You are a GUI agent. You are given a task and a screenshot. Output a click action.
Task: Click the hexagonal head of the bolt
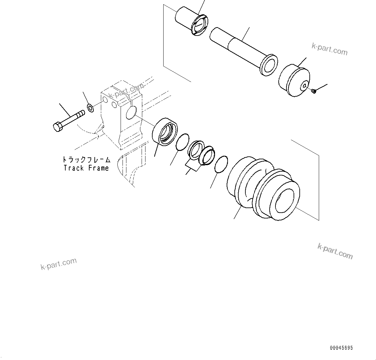point(57,126)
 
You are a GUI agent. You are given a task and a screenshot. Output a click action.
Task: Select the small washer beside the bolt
point(91,108)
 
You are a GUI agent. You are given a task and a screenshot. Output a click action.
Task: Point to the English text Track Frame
point(86,168)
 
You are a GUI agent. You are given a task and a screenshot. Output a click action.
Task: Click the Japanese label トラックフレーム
point(86,160)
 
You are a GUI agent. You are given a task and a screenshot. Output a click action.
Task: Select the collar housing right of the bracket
point(165,132)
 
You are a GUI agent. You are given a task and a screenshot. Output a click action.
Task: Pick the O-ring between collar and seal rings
point(182,142)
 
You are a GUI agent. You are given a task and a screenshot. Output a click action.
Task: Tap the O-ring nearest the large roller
point(221,164)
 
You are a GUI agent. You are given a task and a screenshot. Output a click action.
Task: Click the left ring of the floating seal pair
point(196,149)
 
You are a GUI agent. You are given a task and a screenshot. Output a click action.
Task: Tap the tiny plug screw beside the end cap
point(313,91)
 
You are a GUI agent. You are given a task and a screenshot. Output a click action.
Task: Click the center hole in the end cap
point(305,86)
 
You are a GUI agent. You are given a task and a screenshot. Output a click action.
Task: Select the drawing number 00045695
point(341,348)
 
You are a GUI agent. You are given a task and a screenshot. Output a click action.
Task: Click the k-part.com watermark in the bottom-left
point(59,264)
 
